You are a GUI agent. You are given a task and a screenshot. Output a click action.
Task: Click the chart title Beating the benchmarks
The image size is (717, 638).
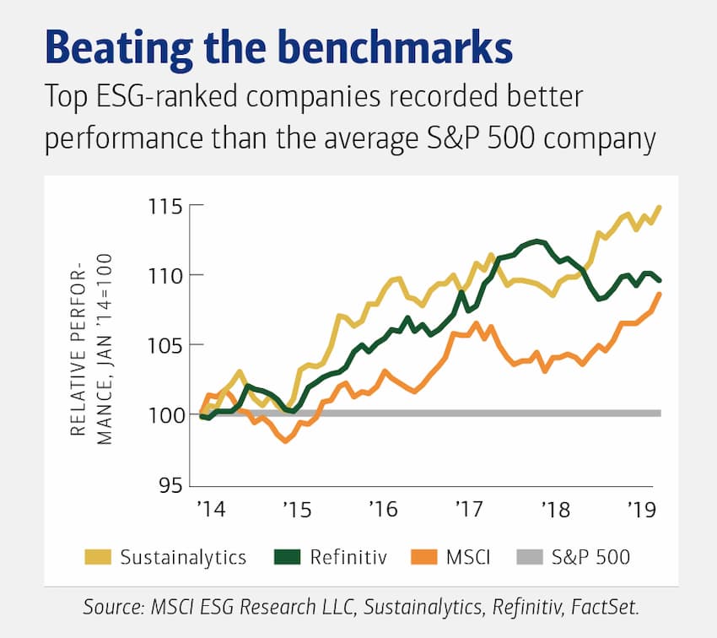(x=278, y=50)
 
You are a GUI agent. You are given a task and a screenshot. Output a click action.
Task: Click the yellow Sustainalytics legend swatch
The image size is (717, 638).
(x=98, y=557)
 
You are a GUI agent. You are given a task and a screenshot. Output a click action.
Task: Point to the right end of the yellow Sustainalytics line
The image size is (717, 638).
(x=660, y=207)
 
